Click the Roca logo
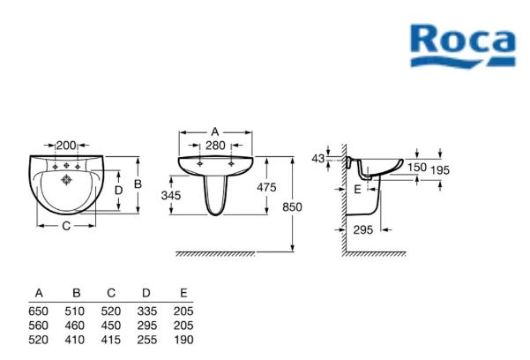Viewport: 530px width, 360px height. pos(463,46)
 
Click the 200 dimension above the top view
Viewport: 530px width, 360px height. pos(66,146)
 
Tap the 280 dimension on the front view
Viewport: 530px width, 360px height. pos(215,146)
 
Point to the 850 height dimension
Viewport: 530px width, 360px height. pos(292,206)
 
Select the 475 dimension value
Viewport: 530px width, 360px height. pos(266,187)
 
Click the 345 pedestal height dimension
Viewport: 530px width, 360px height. pos(171,195)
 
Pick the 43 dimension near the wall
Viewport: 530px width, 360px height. pos(318,158)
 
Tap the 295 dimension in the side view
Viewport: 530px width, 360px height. pos(363,230)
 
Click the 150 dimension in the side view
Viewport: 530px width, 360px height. pos(417,167)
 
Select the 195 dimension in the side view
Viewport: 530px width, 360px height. pos(440,170)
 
